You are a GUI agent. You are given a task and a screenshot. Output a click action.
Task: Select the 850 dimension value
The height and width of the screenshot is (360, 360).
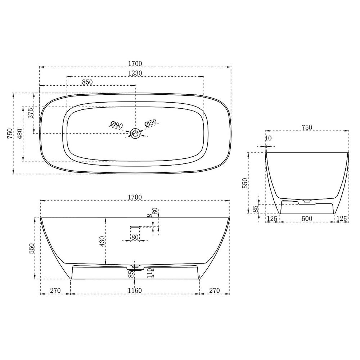[87, 82]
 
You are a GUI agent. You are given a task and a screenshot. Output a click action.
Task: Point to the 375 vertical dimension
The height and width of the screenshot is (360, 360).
[31, 113]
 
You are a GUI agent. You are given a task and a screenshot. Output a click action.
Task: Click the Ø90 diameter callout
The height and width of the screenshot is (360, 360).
[117, 125]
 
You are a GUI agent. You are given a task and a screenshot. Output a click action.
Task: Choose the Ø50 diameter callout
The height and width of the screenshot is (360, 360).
[150, 123]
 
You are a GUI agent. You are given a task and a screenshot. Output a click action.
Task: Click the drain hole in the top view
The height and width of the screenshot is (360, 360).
[136, 134]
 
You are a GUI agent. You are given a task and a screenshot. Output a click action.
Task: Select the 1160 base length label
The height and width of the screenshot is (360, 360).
[135, 291]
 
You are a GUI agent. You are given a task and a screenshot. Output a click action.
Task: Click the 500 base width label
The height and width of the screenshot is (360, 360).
[307, 219]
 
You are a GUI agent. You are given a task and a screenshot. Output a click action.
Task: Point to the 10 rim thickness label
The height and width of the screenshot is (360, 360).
[268, 138]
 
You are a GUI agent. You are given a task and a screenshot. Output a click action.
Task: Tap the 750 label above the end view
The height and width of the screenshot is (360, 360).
[307, 127]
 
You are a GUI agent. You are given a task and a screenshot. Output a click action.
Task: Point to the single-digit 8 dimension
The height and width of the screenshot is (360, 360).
[149, 216]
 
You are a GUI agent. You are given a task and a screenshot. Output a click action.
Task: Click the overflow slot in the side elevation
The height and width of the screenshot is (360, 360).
[135, 226]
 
